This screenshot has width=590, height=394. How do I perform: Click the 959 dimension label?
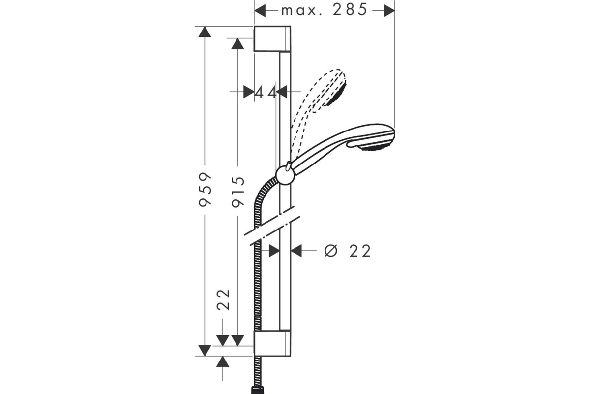(205, 189)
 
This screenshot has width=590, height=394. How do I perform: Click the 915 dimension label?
(238, 192)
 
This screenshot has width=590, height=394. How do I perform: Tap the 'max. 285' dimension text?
(324, 10)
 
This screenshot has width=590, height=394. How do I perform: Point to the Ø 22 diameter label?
(348, 251)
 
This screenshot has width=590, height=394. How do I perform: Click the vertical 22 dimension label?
(223, 300)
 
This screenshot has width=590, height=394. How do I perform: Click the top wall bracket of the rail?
(272, 39)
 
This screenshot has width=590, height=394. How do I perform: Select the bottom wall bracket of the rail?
(272, 343)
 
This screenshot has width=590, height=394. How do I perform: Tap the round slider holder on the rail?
(285, 175)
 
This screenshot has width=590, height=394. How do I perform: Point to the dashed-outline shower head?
(319, 111)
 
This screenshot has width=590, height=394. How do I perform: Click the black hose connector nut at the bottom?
(257, 390)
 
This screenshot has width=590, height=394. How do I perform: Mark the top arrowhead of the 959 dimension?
(205, 32)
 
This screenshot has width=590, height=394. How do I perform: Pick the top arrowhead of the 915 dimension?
(237, 43)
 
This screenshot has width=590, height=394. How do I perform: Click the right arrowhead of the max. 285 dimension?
(389, 10)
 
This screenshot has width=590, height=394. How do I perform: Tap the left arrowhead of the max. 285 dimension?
(260, 10)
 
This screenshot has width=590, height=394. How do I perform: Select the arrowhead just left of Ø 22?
(296, 251)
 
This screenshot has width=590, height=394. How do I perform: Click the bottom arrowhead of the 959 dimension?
(205, 351)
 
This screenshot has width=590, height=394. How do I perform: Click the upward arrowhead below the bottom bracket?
(223, 361)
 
